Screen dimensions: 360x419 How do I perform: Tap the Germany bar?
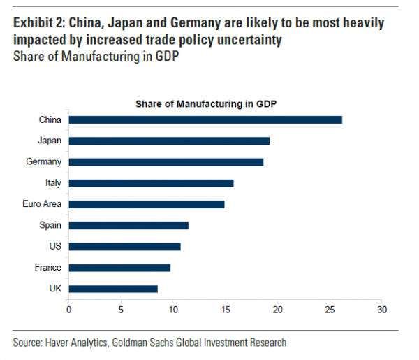click(166, 161)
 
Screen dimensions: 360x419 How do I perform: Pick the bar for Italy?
click(151, 183)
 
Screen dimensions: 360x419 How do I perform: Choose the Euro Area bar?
click(147, 204)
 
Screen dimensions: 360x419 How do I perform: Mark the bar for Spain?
click(128, 225)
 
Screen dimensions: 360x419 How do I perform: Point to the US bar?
click(124, 246)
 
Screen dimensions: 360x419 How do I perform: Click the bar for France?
click(119, 267)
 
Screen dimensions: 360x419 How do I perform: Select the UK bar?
click(113, 288)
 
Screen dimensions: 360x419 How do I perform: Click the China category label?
click(50, 120)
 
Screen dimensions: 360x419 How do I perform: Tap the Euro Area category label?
click(43, 204)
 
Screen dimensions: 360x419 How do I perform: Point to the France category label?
click(48, 267)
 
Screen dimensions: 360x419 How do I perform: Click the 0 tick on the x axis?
click(68, 308)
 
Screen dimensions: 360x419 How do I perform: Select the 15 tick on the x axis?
click(225, 308)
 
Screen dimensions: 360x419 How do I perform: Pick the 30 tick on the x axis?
click(381, 308)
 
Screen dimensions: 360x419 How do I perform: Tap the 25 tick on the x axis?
click(329, 308)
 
